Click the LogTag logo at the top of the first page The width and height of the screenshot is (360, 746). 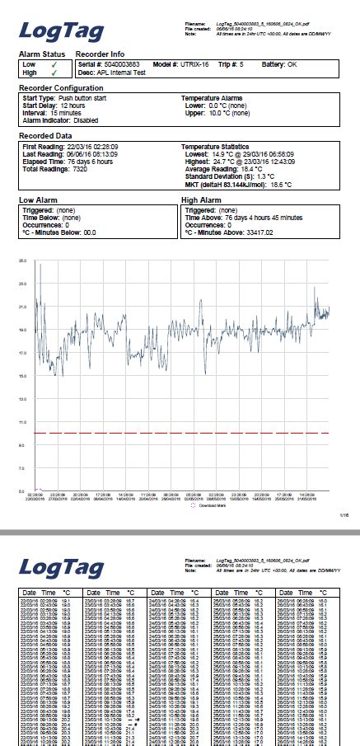(62, 32)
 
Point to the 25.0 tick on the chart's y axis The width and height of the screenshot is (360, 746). (22, 260)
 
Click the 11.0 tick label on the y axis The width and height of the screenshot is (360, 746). (22, 422)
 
